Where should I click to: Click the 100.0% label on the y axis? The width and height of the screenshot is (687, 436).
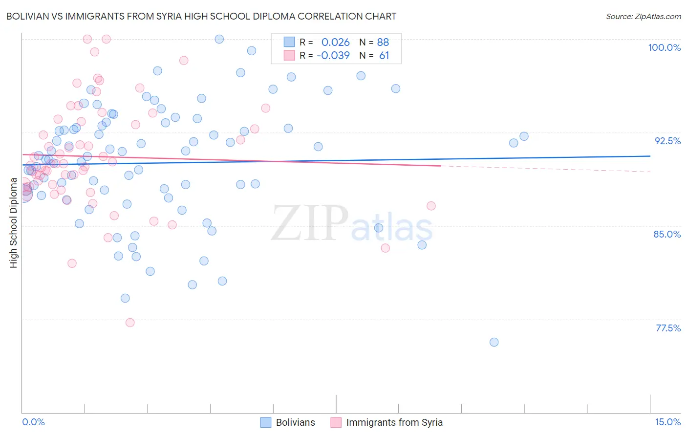664,47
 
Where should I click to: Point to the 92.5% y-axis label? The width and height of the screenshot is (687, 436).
667,141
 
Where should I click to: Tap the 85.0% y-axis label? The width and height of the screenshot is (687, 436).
667,234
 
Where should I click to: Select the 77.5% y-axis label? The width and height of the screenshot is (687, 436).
668,328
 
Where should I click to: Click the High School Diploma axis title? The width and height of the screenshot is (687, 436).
14,223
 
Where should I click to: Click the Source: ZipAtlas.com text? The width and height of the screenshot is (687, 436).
643,16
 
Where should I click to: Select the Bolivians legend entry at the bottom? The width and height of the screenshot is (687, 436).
288,422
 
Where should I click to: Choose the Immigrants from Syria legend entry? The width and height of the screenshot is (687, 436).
386,422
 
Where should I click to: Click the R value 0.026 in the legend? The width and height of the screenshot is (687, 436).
335,42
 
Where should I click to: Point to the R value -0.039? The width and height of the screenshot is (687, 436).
333,56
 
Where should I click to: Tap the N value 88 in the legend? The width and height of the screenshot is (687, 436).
383,42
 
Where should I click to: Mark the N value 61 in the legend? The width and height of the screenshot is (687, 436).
384,56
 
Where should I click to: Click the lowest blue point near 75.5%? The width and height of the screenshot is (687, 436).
494,342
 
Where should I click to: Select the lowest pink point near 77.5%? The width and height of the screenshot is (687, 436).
130,323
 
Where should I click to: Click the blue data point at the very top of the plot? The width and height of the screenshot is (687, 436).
219,39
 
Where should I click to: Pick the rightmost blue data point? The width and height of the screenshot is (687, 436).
524,136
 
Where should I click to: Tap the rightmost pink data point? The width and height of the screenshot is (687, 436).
431,206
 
